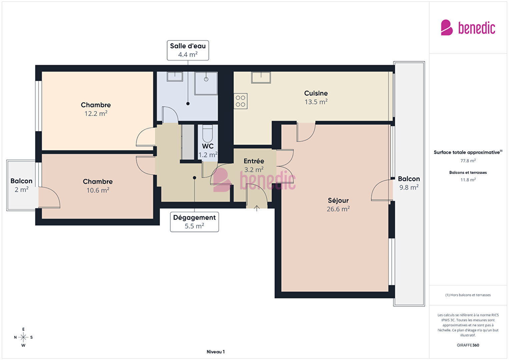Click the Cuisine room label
316,93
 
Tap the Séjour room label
338,201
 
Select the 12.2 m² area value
96,113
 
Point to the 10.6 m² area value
98,190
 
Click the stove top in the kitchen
240,101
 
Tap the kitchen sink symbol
261,77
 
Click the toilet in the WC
207,133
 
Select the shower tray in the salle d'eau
206,83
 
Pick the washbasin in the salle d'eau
175,77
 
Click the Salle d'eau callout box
188,50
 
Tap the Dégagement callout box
194,222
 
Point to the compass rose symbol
23,337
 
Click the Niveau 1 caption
216,352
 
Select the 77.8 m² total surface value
468,161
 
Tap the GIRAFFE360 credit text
468,345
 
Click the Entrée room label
254,161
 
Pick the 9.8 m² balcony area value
409,187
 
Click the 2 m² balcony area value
22,190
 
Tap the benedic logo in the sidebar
468,27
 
